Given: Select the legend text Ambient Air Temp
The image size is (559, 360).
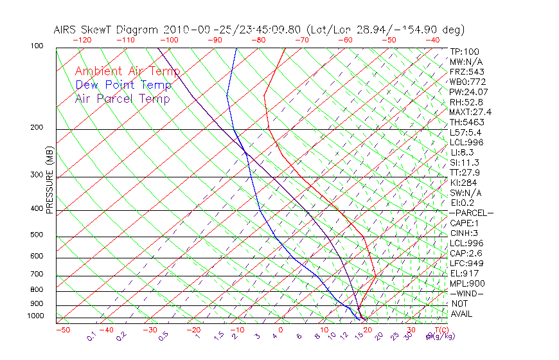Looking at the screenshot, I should coord(127,71).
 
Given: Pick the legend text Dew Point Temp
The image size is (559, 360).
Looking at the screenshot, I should coord(123,85).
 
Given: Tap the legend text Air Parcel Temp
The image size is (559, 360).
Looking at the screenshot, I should coord(122,98).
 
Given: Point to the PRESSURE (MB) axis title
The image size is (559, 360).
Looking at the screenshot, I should coord(49,180).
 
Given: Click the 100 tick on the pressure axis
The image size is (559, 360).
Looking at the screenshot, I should coord(37,46).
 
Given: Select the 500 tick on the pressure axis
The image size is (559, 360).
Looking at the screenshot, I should coord(37,235).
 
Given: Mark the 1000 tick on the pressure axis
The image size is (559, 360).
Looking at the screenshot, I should coord(35,316).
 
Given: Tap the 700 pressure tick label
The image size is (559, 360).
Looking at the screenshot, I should coord(37,274).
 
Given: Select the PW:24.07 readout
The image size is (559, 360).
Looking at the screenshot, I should coord(467,92).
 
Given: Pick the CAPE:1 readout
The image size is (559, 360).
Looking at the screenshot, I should coord(463,223).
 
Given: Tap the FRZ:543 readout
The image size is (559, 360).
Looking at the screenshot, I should coord(465,71).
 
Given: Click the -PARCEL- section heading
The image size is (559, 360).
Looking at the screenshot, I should coord(471,213).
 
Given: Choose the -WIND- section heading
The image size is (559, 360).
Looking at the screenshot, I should coord(466,293).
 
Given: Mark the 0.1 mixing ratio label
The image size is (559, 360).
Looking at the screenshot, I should coord(92,336).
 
